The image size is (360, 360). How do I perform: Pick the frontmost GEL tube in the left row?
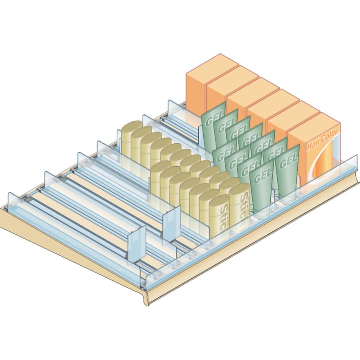(261, 184)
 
